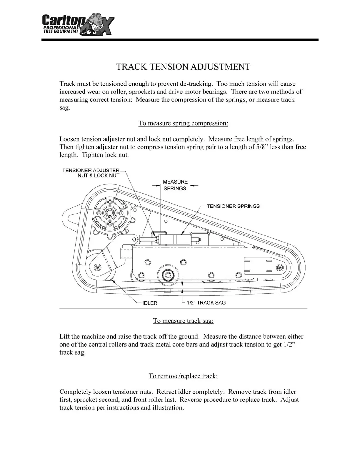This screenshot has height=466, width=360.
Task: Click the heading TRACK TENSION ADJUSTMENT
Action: (183, 67)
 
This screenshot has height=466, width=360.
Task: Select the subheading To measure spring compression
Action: (183, 123)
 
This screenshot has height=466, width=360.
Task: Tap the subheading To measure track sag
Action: (183, 321)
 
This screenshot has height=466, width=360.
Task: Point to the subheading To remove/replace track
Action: (183, 376)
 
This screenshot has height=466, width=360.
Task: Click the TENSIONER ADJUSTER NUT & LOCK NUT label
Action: (91, 173)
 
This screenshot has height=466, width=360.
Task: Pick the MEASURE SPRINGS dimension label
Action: (175, 185)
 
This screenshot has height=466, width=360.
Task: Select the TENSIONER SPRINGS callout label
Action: (233, 206)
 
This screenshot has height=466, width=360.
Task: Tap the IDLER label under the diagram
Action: (150, 303)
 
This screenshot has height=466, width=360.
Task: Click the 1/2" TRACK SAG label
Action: (206, 303)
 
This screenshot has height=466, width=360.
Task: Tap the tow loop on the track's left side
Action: (70, 217)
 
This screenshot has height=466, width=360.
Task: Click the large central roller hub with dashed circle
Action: (168, 275)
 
